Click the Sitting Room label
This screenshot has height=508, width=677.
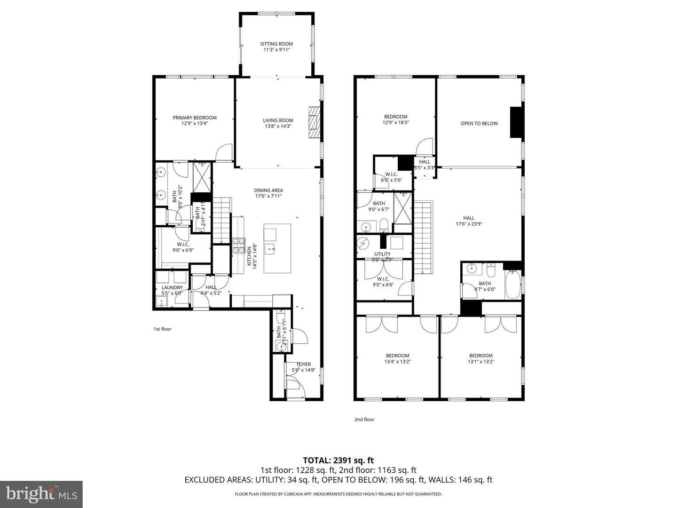pos(276,44)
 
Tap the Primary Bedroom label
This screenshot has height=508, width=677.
pos(195,118)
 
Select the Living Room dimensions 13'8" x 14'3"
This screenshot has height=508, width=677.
pos(278,126)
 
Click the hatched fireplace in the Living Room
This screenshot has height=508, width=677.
pos(314,122)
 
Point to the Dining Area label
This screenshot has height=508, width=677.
pos(268,190)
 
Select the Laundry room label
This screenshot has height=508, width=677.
pos(172,287)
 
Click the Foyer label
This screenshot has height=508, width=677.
pos(304,364)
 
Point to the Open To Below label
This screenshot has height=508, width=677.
pos(479,124)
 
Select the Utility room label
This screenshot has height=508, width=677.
pos(382,254)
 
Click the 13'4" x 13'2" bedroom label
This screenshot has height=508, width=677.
pos(397,356)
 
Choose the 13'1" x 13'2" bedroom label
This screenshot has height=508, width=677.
pos(480,356)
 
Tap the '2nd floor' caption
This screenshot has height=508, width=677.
pos(364,420)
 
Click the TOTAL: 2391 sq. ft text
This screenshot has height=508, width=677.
pos(338,460)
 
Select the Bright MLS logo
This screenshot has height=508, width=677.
pos(41,494)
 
